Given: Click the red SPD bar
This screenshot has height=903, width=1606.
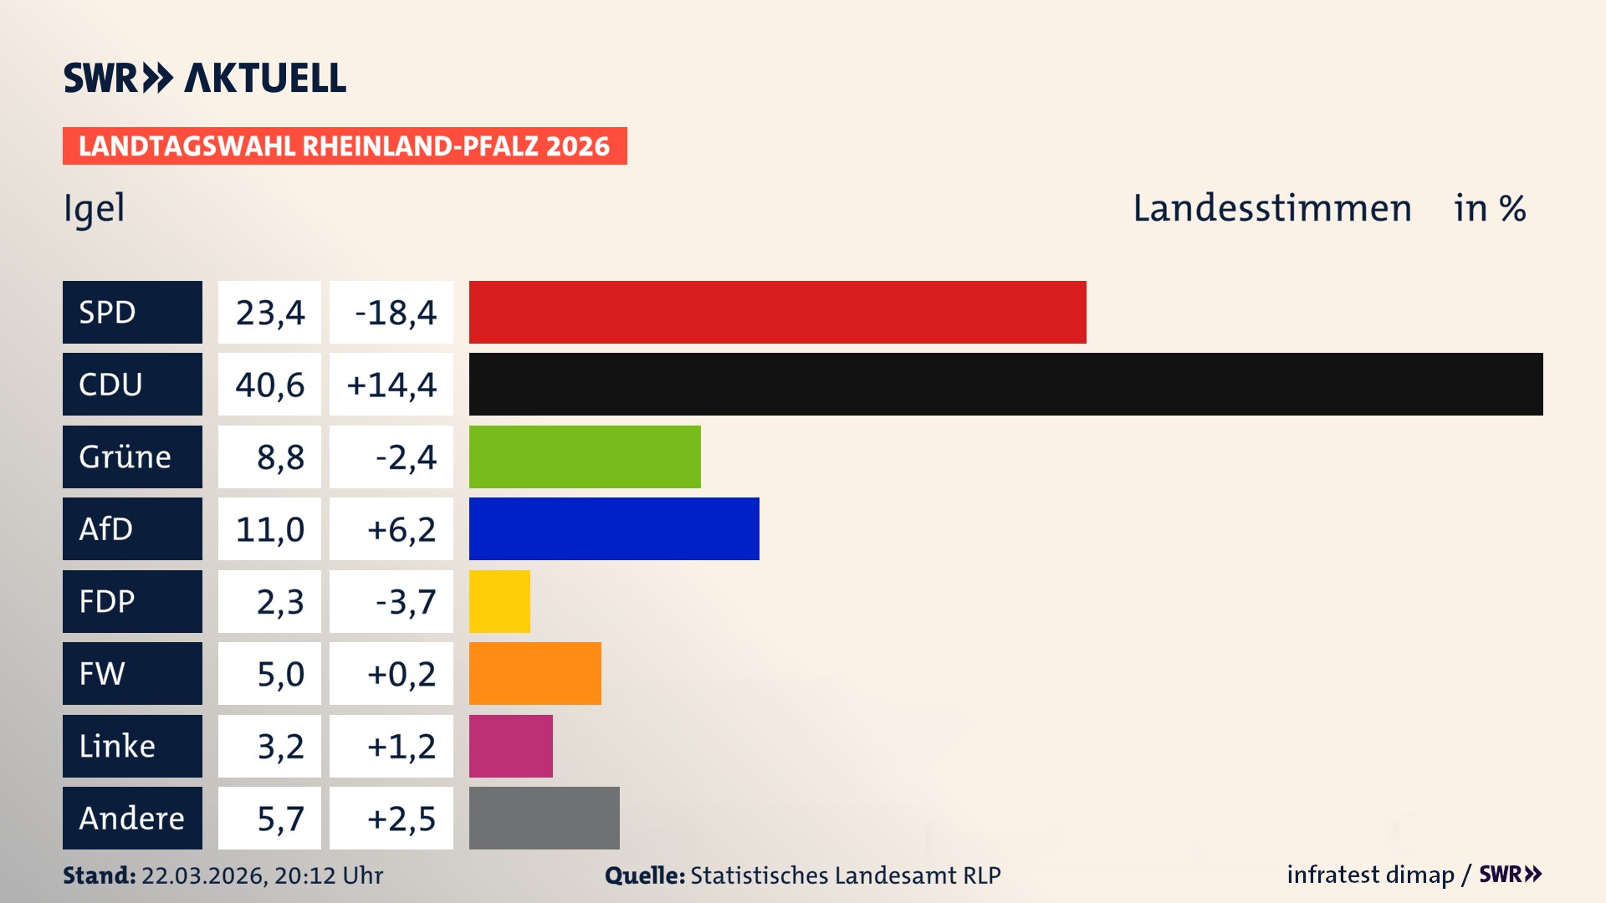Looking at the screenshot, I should (777, 312).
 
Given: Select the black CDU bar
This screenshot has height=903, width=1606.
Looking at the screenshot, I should (1005, 385).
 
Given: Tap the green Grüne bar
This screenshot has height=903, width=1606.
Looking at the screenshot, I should (585, 457).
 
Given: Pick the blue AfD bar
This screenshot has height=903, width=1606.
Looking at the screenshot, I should (614, 528).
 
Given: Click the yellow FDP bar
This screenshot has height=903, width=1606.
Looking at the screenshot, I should (499, 601).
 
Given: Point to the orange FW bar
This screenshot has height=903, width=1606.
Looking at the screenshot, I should (534, 673).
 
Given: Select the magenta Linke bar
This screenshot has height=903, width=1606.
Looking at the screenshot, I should (510, 746).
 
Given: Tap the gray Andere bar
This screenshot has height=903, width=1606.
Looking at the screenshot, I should (544, 818).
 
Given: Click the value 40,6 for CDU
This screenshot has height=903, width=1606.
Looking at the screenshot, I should (269, 385).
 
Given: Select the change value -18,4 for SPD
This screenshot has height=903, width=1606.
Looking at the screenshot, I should (395, 313).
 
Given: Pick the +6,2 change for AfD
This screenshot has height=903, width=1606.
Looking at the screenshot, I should (401, 529).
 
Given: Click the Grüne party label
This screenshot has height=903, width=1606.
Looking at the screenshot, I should (125, 457).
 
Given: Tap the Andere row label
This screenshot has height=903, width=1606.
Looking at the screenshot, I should (131, 818).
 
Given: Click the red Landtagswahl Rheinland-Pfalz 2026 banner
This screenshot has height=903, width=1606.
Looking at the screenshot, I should (344, 146).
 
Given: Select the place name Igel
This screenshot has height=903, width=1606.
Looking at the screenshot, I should (94, 209).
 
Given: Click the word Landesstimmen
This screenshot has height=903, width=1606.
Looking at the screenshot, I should (1271, 208).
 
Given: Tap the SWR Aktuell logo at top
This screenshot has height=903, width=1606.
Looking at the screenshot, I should (204, 78).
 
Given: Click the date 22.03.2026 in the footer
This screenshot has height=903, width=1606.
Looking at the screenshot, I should (203, 875).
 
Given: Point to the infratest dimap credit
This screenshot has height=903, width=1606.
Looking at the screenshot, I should (1369, 875).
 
